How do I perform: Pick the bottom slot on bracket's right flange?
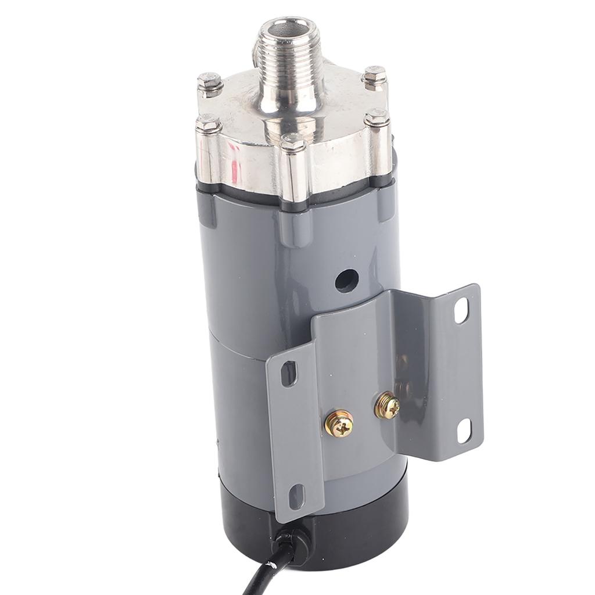click(464, 431)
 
